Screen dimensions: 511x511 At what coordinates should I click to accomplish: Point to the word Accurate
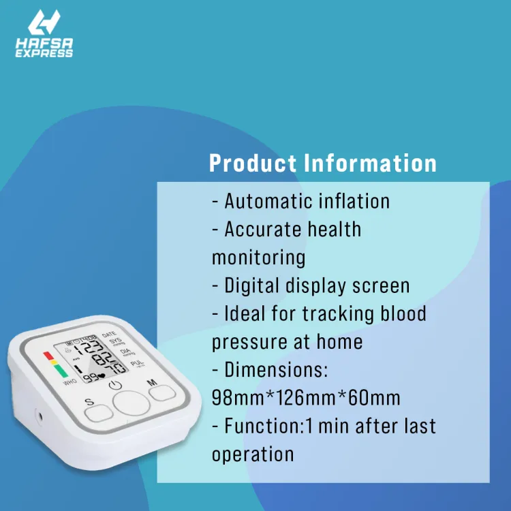pos(264,229)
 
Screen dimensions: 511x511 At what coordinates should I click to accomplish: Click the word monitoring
pos(258,258)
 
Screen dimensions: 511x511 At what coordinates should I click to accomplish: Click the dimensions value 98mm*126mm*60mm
pos(306,398)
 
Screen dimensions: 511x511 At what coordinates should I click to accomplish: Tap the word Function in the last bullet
pos(262,427)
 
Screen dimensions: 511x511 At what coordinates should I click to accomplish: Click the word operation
pos(253,454)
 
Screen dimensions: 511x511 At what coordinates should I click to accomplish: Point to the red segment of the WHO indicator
pos(47,355)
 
